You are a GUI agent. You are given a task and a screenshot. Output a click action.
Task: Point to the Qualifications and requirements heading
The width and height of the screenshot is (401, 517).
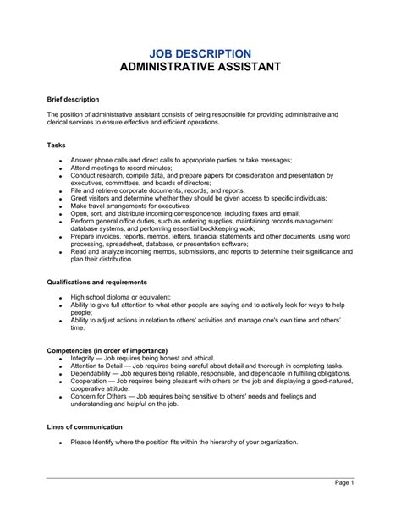tap(97, 281)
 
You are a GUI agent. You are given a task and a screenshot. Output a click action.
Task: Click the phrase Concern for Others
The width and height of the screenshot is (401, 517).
tap(100, 398)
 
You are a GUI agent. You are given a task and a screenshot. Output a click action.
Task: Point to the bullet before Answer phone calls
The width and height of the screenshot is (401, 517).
tap(59, 161)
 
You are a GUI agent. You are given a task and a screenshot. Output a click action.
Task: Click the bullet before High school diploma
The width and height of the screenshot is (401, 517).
tap(59, 298)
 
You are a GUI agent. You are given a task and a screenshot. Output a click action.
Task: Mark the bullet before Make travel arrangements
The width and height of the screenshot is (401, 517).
tap(59, 206)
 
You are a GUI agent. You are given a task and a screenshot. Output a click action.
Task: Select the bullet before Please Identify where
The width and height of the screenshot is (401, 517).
tap(59, 443)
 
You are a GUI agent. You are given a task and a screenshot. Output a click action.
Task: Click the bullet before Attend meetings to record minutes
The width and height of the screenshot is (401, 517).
tap(59, 169)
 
